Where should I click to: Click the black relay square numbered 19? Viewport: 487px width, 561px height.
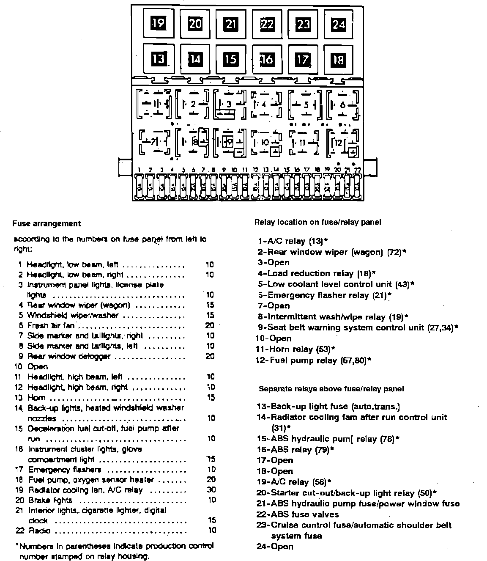[x=158, y=23]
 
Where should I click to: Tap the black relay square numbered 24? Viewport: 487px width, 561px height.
[x=339, y=24]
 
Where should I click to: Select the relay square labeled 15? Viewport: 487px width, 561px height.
[x=230, y=58]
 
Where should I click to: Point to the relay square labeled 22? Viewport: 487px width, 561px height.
[x=267, y=24]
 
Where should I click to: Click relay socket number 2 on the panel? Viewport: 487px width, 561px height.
[x=193, y=104]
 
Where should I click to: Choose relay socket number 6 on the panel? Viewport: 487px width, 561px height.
[x=342, y=104]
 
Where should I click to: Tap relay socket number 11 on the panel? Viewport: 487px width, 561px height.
[x=302, y=143]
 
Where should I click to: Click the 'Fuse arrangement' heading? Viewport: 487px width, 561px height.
[x=47, y=223]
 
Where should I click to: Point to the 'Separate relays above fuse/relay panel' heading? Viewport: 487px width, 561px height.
[x=331, y=388]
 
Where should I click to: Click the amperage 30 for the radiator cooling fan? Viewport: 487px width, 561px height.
[x=211, y=490]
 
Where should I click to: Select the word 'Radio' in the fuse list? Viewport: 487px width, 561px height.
[x=39, y=531]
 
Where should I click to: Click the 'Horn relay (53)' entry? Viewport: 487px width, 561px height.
[x=296, y=349]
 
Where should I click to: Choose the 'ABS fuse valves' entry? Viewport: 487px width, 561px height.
[x=298, y=514]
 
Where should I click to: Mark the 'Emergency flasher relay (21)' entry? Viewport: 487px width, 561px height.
[x=326, y=295]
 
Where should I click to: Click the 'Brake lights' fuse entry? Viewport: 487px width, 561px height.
[x=50, y=500]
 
